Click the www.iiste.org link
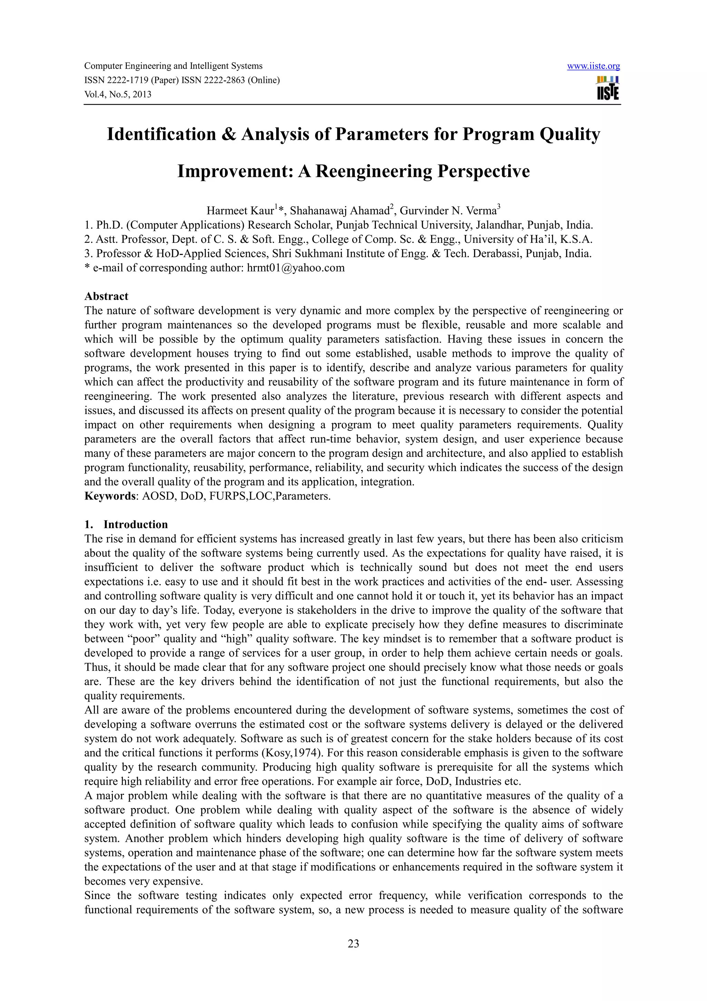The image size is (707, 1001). pos(593,66)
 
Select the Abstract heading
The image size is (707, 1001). pos(106,296)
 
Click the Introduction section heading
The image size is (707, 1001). pos(135,524)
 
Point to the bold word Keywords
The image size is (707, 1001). pos(109,496)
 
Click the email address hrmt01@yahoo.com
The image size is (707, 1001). pos(296,268)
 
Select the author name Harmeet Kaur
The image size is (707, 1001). pos(240,211)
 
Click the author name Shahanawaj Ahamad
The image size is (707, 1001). pos(339,211)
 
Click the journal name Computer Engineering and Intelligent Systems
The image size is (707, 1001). pos(173,66)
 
